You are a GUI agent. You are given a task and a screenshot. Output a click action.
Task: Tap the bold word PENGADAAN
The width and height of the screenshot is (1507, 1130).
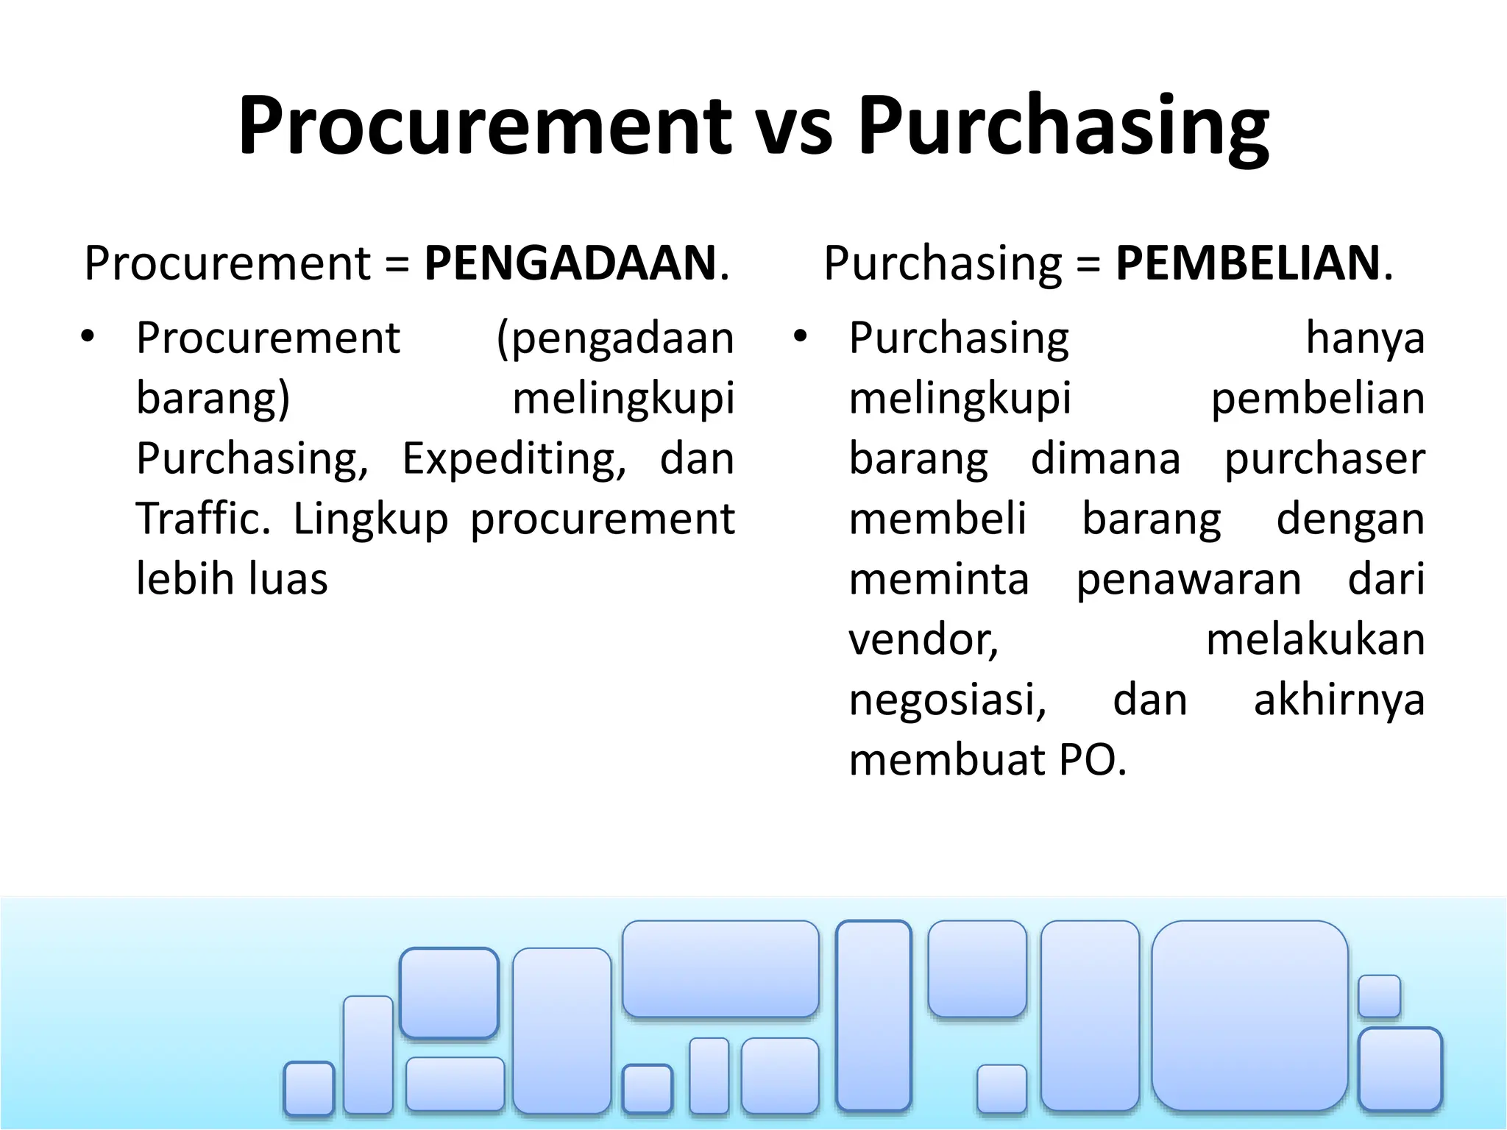click(570, 263)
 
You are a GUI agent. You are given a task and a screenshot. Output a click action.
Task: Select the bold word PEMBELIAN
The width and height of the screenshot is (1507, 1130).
click(1247, 263)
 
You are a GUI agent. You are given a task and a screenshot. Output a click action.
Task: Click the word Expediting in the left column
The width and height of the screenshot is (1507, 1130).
click(514, 459)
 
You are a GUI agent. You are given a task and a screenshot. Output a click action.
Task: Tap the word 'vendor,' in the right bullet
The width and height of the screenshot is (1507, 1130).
click(923, 639)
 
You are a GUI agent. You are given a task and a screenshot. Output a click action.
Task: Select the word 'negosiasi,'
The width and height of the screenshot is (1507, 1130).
click(948, 700)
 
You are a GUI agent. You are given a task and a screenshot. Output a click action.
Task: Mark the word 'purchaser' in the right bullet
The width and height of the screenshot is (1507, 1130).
click(1325, 459)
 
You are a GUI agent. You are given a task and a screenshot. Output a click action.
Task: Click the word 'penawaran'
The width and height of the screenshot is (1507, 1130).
click(1188, 579)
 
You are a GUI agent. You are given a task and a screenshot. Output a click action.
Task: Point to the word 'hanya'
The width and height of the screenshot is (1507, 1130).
click(1365, 338)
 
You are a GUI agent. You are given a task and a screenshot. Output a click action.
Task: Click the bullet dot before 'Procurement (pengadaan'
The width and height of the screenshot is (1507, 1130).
click(88, 338)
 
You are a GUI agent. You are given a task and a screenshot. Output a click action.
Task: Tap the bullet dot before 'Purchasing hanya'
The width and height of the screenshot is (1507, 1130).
click(801, 338)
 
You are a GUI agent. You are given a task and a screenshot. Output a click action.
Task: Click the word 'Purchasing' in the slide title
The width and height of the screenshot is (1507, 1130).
click(1063, 127)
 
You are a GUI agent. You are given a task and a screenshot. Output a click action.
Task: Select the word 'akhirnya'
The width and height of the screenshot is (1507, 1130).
click(1339, 700)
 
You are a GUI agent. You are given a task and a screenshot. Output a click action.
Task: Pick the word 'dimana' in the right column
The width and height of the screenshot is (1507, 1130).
click(1105, 459)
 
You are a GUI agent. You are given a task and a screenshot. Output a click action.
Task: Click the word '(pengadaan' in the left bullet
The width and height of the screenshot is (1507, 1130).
click(615, 338)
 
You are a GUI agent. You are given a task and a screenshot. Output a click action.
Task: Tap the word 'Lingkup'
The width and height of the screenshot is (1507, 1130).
click(370, 519)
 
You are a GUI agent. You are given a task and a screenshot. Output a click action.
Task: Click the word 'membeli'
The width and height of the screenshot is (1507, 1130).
click(937, 519)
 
